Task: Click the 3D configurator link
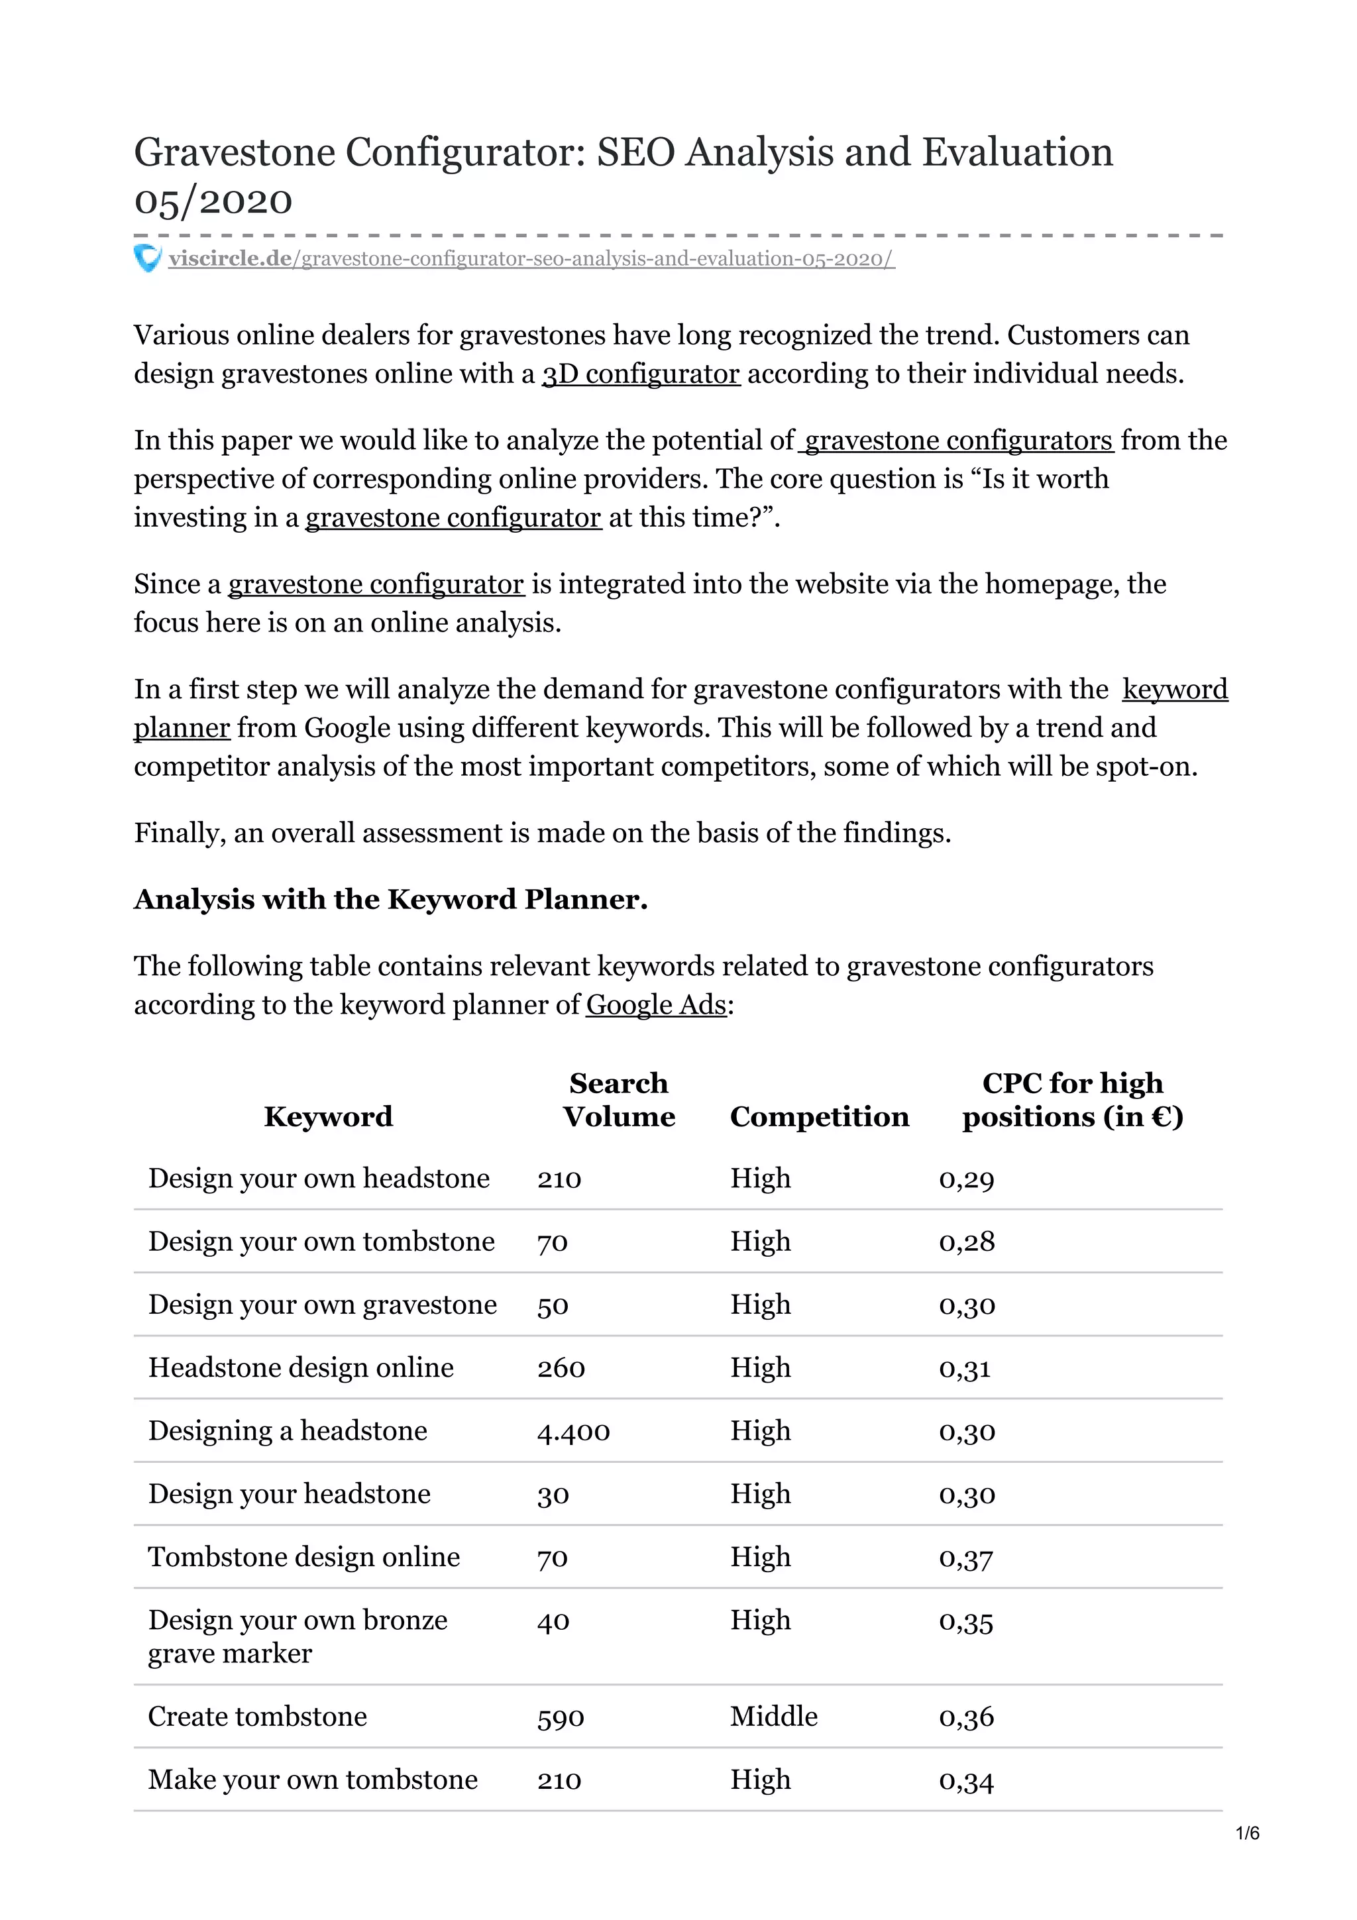coord(641,374)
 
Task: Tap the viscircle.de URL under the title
coord(531,259)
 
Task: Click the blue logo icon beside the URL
coord(147,258)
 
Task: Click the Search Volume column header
coord(619,1100)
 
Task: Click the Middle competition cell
coord(773,1716)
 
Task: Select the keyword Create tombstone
coord(258,1716)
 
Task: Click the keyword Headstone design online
coord(301,1367)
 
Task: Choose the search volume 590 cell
coord(560,1717)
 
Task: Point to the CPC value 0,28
coord(967,1241)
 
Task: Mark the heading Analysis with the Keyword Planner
coord(390,899)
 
